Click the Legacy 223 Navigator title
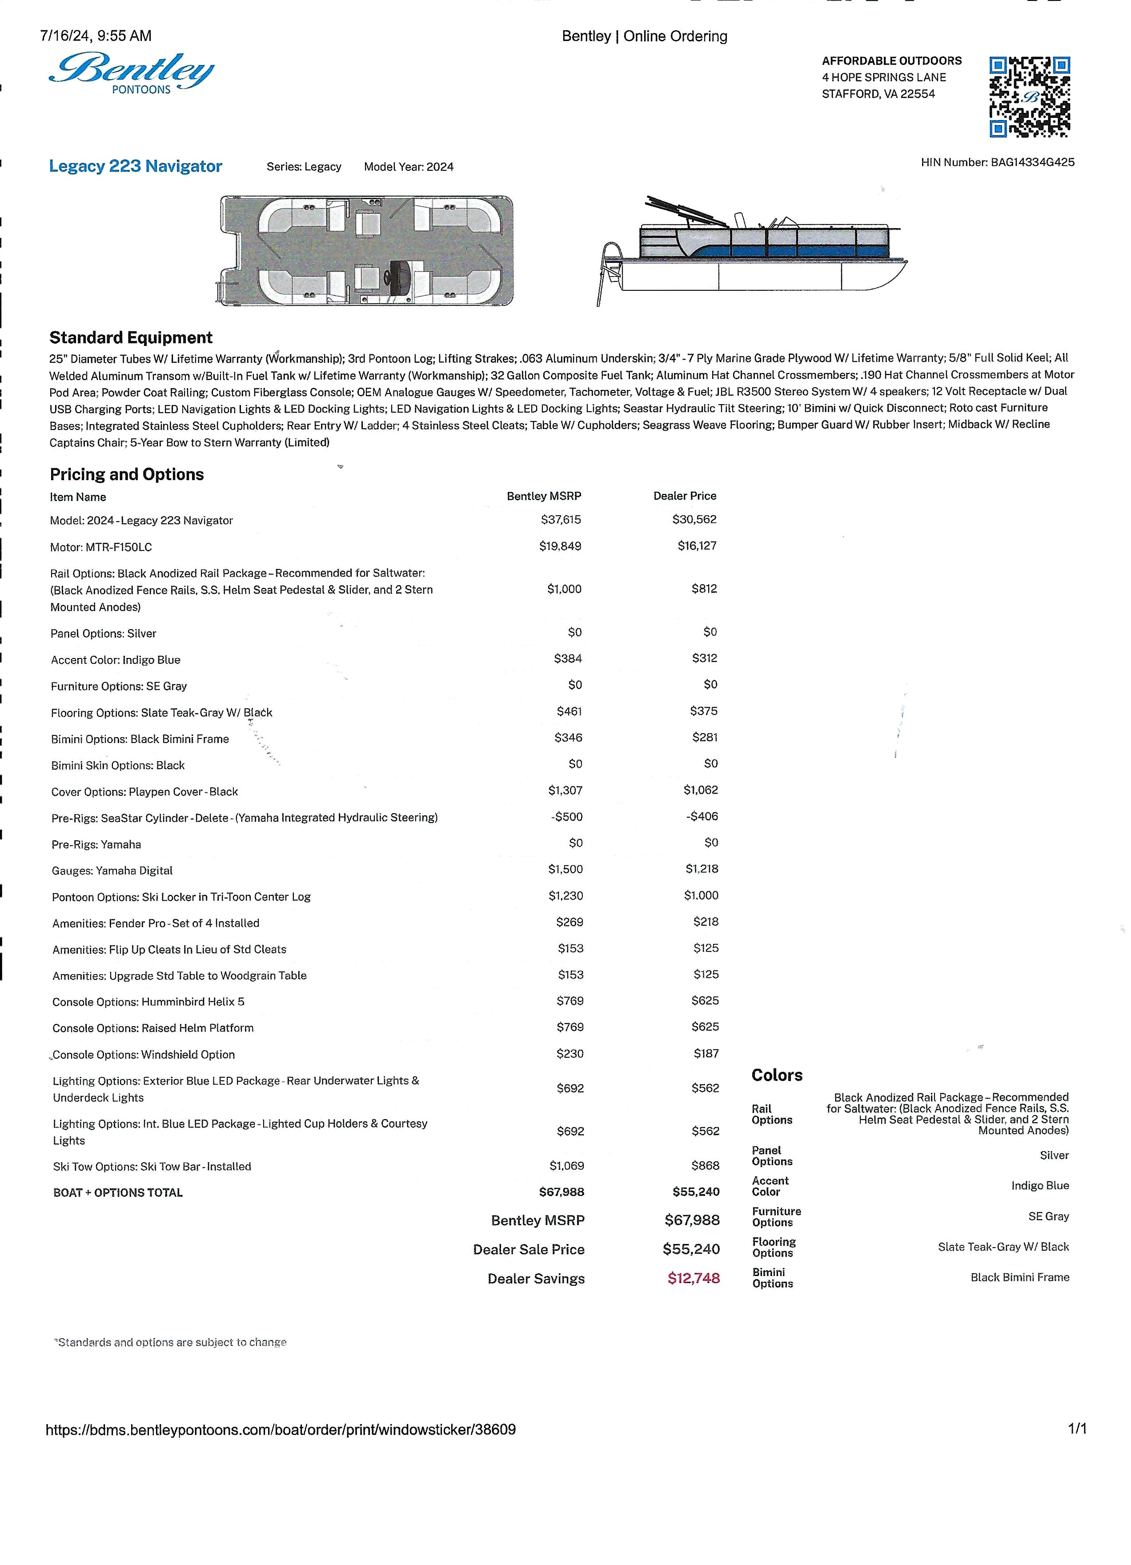(x=135, y=166)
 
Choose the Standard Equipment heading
(x=130, y=337)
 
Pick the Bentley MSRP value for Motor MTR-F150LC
(x=560, y=546)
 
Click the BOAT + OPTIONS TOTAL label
(x=118, y=1192)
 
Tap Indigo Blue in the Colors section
(x=1039, y=1185)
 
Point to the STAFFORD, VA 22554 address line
(x=878, y=94)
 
